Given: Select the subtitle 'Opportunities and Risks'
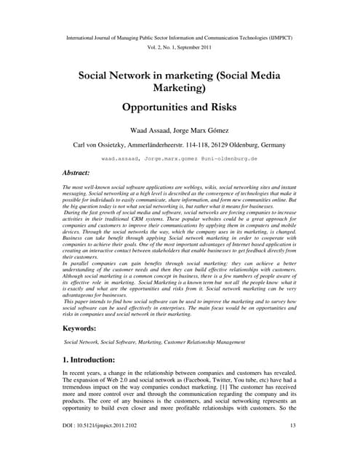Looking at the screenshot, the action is coord(180,106).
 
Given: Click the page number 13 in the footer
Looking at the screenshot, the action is coord(292,445).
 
